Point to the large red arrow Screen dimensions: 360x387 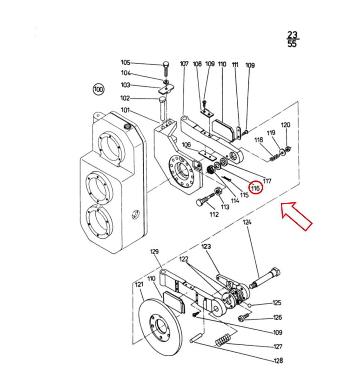[297, 216]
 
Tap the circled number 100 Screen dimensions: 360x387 [99, 89]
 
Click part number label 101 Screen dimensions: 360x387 [125, 110]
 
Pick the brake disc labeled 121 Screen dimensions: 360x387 [160, 327]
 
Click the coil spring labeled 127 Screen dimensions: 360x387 [223, 340]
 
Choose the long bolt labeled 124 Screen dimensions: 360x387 [265, 278]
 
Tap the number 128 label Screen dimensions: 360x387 [278, 360]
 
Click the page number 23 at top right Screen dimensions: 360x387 [293, 34]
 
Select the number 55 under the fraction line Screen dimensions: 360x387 [292, 44]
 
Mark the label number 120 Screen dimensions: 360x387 [286, 125]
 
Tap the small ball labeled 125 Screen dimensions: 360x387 [249, 306]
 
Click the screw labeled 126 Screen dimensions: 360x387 [243, 318]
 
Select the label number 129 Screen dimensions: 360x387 [154, 252]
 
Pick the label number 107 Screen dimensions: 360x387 [184, 64]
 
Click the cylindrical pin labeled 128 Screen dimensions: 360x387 [196, 337]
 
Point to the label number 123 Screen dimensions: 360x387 [206, 247]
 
